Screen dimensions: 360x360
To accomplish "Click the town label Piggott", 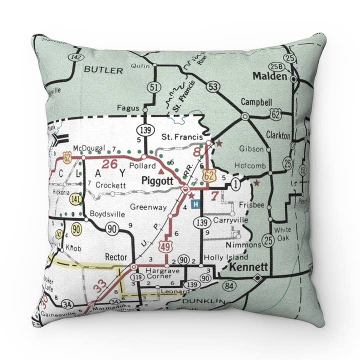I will click(x=157, y=180).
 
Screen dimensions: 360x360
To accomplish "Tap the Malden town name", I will click(x=269, y=76).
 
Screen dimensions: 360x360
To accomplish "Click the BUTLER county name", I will click(x=103, y=70).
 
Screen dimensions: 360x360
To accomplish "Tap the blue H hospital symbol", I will click(x=196, y=204).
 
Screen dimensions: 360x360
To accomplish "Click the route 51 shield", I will click(x=153, y=88).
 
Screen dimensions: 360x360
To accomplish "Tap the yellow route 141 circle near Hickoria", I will click(x=75, y=199).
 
